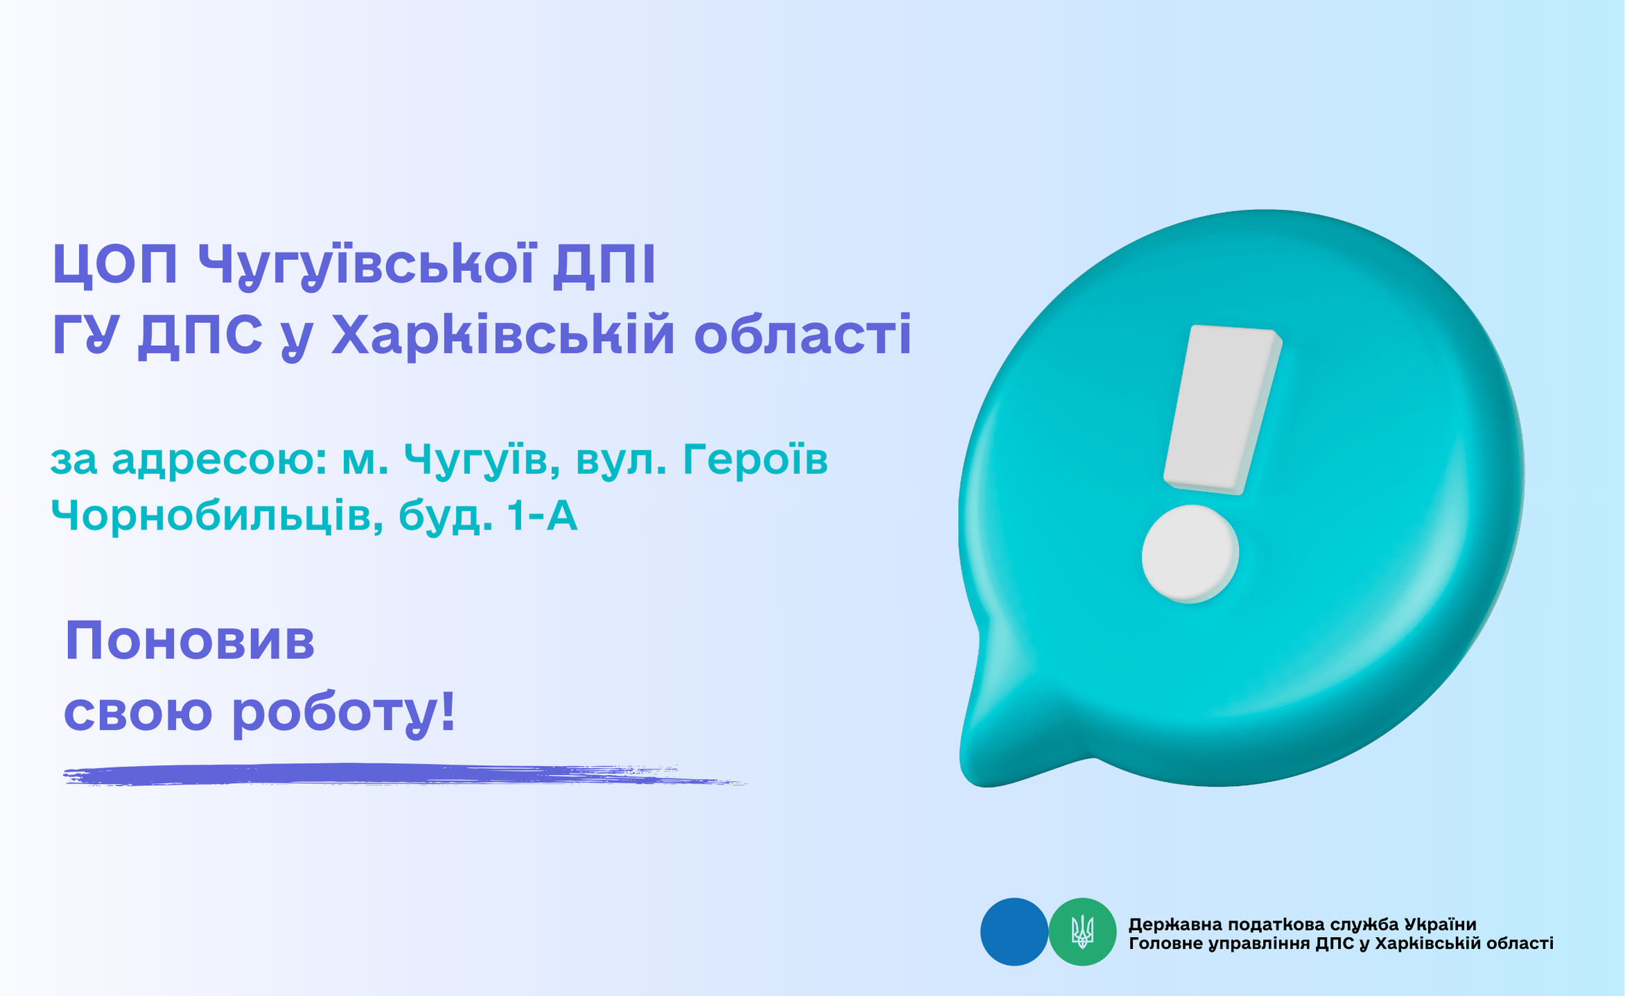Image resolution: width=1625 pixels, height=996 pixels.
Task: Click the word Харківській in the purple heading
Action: [x=503, y=335]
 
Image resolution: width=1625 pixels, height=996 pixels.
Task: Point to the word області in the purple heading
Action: [x=803, y=335]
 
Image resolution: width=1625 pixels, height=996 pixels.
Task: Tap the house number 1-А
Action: [x=541, y=516]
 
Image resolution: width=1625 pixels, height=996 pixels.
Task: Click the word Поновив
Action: [x=190, y=641]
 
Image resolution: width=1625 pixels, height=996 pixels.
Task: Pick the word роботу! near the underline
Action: [x=344, y=714]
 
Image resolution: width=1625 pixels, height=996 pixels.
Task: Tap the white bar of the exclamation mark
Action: [x=1222, y=410]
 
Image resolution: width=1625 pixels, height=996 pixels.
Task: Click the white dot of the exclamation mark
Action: [x=1190, y=554]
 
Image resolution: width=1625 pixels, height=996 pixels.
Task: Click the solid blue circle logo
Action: [x=1014, y=932]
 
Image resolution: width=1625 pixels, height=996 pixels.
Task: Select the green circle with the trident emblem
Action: [x=1082, y=932]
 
